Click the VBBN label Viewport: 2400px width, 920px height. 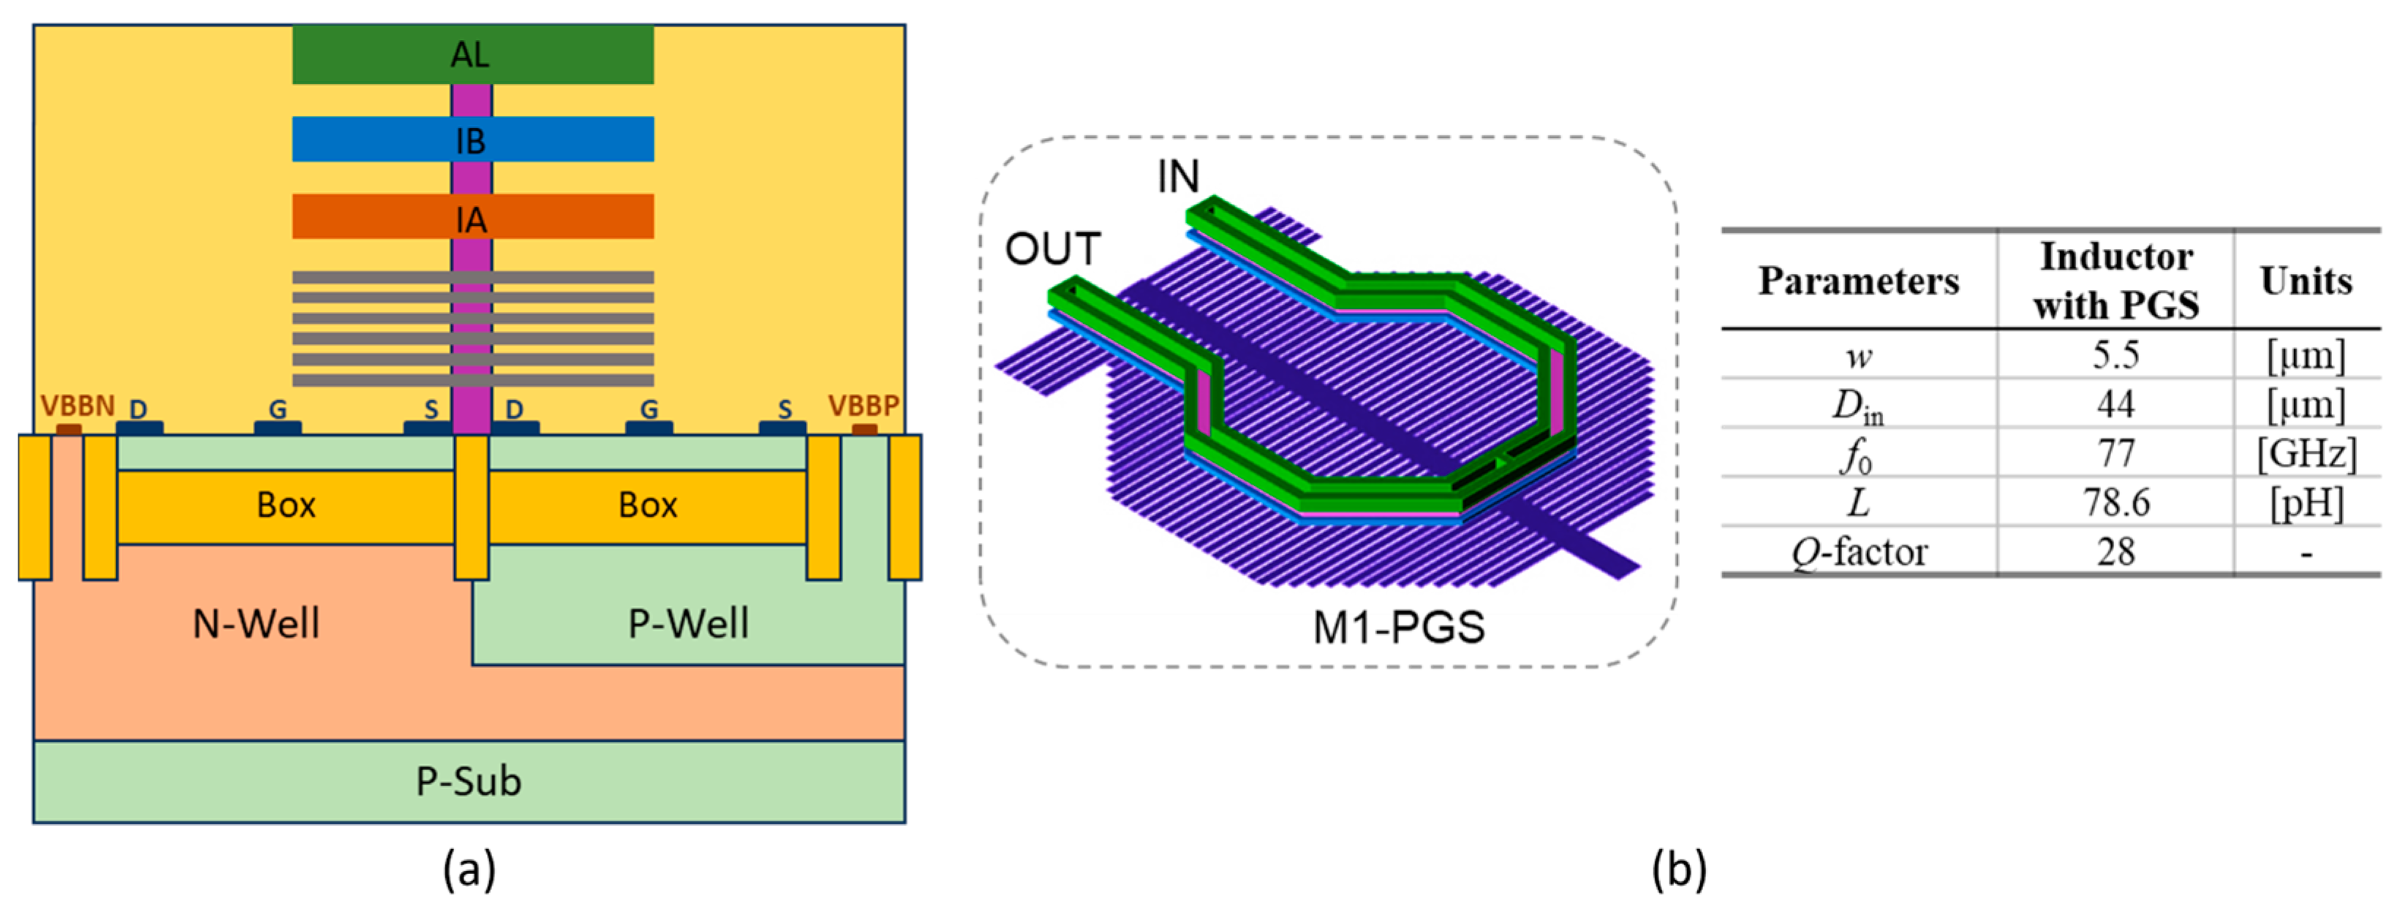click(78, 406)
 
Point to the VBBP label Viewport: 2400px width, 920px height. click(864, 406)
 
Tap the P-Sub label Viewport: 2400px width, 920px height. click(469, 780)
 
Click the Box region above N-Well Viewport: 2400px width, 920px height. click(285, 506)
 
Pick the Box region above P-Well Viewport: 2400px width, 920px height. click(646, 506)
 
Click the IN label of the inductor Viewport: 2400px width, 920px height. click(1177, 177)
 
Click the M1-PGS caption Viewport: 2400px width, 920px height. click(1397, 628)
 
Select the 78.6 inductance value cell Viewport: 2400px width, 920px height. click(2116, 503)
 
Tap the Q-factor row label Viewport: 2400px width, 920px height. click(1859, 552)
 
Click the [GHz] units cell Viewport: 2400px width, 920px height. click(2306, 454)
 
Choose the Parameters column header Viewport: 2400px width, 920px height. click(1859, 281)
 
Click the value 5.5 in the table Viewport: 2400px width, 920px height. click(2116, 355)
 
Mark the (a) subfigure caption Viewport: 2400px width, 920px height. click(469, 870)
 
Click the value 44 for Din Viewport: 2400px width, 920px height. click(2116, 404)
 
